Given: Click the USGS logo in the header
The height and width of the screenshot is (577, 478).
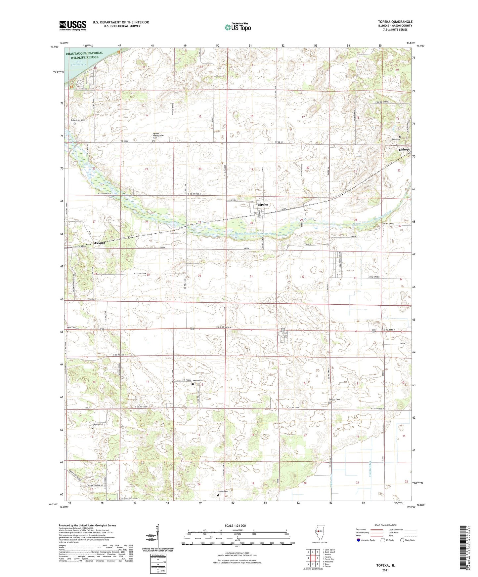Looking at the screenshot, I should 73,25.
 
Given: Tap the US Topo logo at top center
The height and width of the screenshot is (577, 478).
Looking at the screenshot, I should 238,27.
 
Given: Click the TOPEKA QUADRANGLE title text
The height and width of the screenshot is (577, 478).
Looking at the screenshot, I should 395,22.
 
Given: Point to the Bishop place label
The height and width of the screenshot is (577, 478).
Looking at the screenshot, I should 403,149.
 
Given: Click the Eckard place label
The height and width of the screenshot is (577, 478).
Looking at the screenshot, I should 100,243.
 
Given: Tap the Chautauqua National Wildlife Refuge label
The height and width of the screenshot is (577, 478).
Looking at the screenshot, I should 84,55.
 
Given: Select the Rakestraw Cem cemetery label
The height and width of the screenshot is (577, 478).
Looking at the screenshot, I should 77,120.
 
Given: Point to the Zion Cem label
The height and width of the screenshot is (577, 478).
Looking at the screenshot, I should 396,139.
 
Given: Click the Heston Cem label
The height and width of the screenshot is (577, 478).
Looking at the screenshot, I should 198,381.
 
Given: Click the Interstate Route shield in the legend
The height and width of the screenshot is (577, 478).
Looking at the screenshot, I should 359,540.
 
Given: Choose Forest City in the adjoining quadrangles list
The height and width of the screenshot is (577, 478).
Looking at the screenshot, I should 329,559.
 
